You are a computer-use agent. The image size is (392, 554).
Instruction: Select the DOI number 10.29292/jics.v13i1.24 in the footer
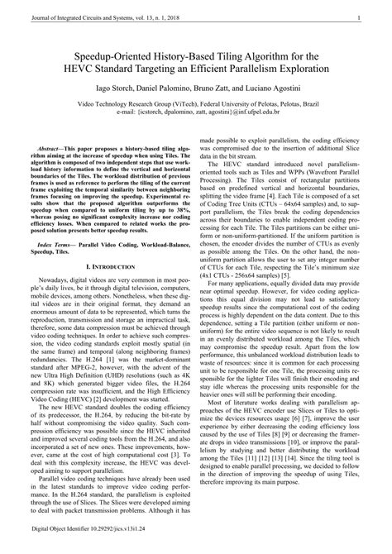click(x=111, y=547)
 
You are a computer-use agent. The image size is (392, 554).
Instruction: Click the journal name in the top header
click(x=93, y=17)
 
